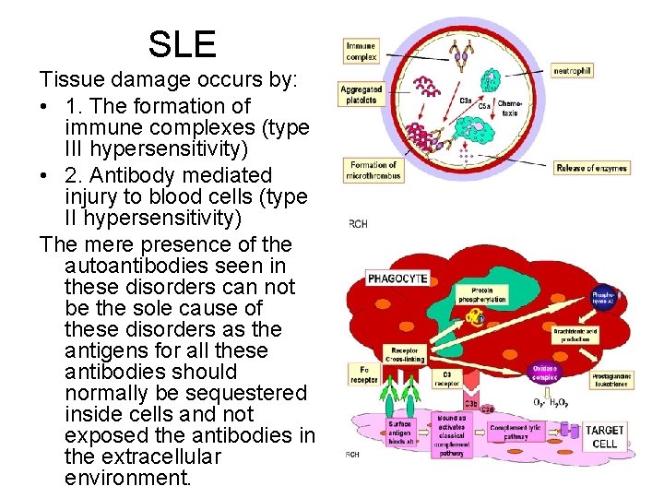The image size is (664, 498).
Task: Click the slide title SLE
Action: (182, 43)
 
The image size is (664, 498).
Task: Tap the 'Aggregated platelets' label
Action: (361, 94)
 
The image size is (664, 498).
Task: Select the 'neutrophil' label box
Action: (572, 70)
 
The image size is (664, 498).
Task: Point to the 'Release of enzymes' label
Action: (592, 168)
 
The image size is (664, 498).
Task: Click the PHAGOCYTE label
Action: (396, 277)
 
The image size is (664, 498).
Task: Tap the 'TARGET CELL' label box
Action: (605, 436)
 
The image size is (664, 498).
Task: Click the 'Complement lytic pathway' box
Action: (517, 432)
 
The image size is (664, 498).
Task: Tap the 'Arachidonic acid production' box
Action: (575, 334)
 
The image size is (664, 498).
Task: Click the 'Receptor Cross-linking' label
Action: (407, 354)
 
